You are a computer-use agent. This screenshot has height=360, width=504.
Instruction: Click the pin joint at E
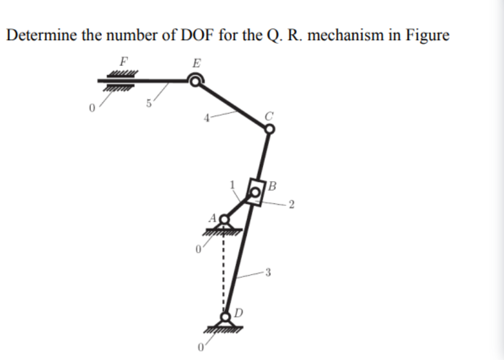tap(195, 80)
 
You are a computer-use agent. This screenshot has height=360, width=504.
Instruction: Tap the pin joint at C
tap(270, 129)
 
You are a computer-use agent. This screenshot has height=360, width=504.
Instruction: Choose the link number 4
tap(208, 118)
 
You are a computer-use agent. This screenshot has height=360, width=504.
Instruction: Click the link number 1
tap(233, 184)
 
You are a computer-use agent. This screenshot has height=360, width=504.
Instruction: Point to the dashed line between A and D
tap(221, 266)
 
